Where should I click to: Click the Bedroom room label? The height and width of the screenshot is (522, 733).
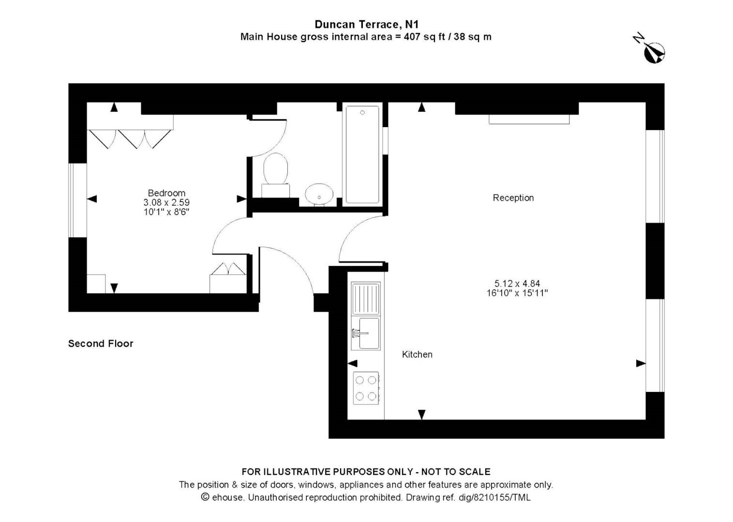(x=166, y=193)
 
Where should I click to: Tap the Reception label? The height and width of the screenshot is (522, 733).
(x=513, y=198)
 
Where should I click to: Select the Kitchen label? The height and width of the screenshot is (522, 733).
(x=417, y=354)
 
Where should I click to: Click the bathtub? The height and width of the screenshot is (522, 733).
(x=362, y=154)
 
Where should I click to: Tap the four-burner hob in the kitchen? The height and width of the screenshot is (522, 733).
(x=366, y=388)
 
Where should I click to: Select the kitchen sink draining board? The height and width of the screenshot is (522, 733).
(x=366, y=299)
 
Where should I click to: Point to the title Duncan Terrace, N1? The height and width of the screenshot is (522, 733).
(x=366, y=24)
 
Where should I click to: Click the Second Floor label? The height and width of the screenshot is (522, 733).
(x=101, y=344)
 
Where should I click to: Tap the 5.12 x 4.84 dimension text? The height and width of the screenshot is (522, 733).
(x=517, y=284)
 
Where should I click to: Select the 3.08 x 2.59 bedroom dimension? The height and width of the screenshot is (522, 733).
(x=166, y=203)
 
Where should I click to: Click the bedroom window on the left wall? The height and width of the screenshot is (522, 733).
(x=77, y=200)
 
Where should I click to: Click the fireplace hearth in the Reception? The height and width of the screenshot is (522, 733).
(x=529, y=119)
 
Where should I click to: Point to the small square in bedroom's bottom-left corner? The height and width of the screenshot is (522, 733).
(x=96, y=284)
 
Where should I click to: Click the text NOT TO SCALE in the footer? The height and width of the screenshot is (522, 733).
(x=456, y=472)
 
